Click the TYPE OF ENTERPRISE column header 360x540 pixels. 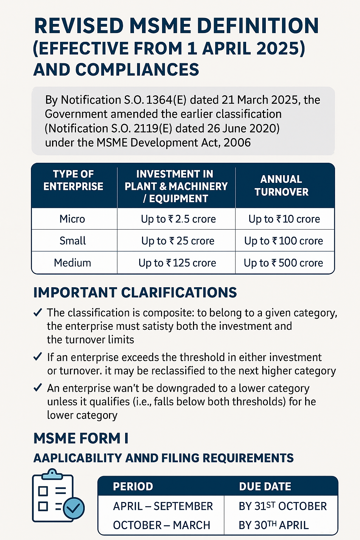tap(73, 180)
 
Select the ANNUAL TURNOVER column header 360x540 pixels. tap(281, 186)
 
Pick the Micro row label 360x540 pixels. tap(72, 219)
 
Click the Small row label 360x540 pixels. tap(73, 241)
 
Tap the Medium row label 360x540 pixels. tap(72, 263)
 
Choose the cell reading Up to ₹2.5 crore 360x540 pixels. tap(178, 219)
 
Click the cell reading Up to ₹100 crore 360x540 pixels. tap(283, 241)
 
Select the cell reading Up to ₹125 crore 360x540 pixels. tap(177, 263)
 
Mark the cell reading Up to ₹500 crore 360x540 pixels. tap(283, 263)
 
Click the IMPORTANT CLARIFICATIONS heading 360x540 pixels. tap(135, 292)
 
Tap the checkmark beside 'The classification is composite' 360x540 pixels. tap(38, 313)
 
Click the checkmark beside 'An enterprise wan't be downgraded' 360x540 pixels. tap(38, 388)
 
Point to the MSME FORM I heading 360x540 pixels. tap(81, 438)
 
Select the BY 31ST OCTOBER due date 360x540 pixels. tap(283, 506)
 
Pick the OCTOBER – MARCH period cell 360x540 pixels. tap(161, 525)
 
